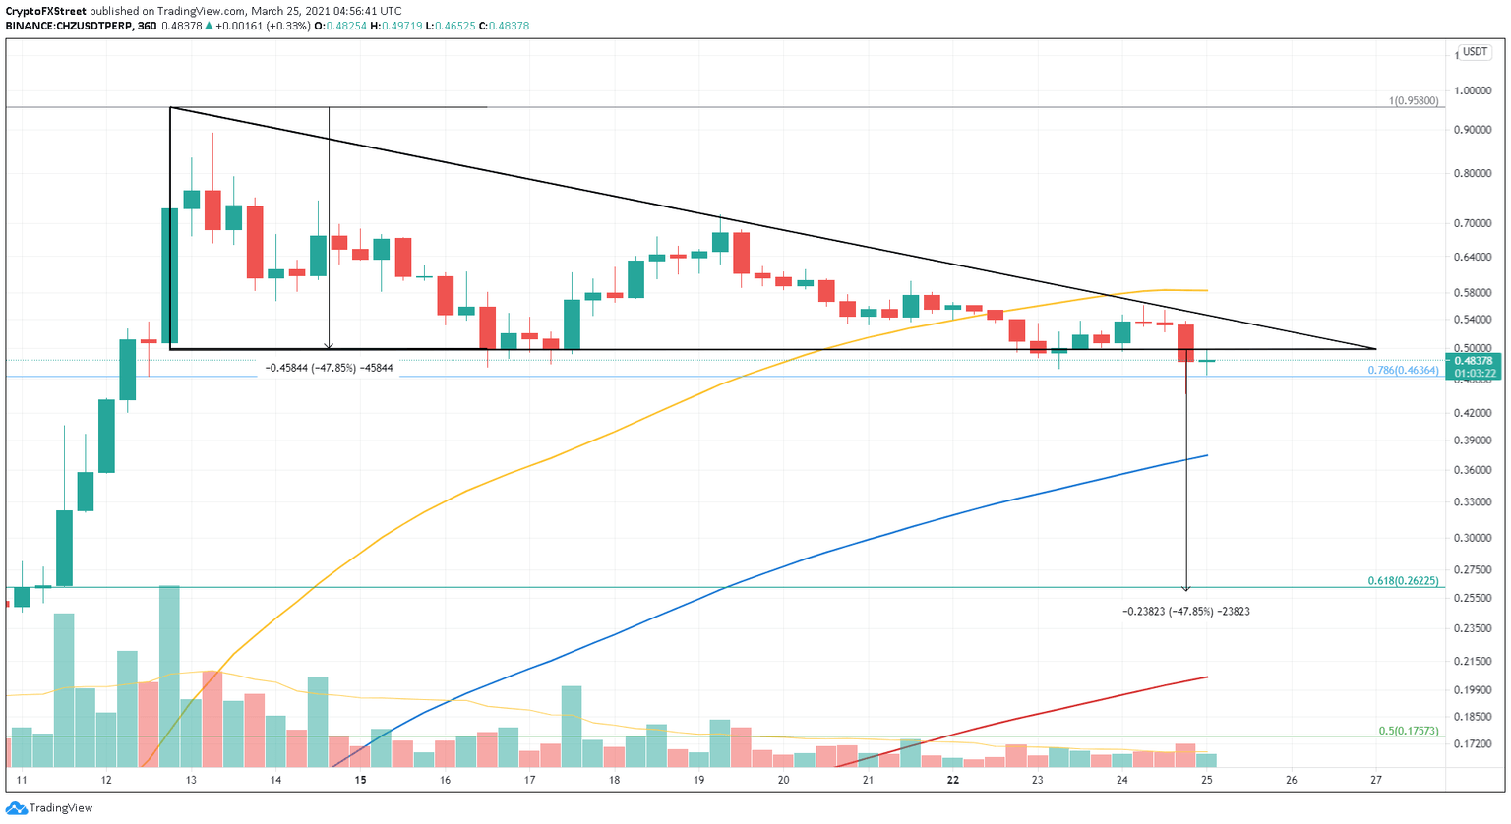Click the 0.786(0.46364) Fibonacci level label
coord(1403,371)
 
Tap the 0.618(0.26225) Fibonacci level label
coord(1403,581)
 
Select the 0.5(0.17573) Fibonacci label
coord(1408,731)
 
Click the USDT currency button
coord(1475,52)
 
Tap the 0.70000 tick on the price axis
coord(1473,223)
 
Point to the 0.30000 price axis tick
coord(1473,538)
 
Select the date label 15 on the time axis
coord(361,780)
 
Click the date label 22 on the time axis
coord(952,780)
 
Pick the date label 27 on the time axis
coord(1375,780)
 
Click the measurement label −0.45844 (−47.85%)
coord(330,368)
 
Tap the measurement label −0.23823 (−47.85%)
coord(1185,612)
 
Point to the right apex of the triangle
coord(1374,348)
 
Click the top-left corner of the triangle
coord(170,107)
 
